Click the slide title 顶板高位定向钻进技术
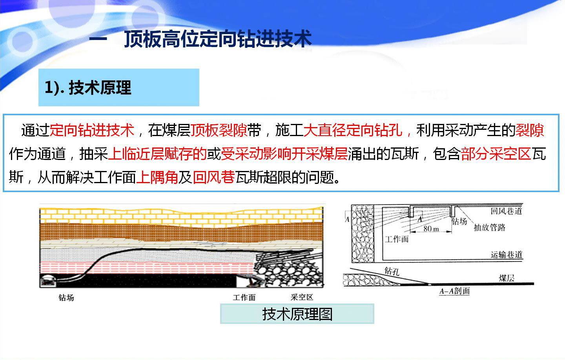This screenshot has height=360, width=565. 218,39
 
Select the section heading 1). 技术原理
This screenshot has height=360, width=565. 88,87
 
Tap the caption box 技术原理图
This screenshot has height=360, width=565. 297,314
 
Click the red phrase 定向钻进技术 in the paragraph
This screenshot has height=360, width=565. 92,130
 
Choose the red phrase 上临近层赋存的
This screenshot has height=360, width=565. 157,154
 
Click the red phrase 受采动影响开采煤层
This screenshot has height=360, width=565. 284,154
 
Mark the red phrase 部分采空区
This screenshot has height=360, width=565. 496,154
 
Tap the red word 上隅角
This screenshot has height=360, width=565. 157,177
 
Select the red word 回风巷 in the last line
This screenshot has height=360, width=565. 214,177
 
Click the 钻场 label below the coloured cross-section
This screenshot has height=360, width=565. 66,298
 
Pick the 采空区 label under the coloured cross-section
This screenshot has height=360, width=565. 302,297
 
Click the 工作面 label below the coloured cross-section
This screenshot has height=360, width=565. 244,298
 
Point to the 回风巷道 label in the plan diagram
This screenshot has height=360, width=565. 506,211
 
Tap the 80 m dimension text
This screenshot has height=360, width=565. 431,229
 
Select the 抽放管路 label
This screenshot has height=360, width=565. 490,227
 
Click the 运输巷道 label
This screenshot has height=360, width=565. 507,255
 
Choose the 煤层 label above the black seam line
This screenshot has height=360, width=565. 507,278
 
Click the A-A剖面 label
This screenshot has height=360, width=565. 454,291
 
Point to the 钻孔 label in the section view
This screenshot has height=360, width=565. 392,271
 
